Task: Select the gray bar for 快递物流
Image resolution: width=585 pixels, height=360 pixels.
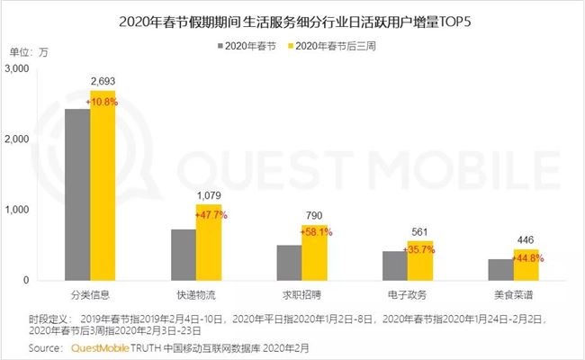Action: (x=184, y=255)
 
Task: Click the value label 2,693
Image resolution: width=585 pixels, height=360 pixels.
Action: (x=103, y=82)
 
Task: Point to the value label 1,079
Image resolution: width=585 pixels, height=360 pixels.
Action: (x=210, y=195)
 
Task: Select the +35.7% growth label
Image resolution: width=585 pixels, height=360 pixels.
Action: (x=419, y=249)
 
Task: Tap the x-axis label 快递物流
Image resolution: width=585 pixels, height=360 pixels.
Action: (x=196, y=294)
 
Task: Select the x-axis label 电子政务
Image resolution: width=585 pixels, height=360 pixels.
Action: (x=407, y=294)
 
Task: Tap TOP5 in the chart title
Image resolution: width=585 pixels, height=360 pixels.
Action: (x=446, y=18)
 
